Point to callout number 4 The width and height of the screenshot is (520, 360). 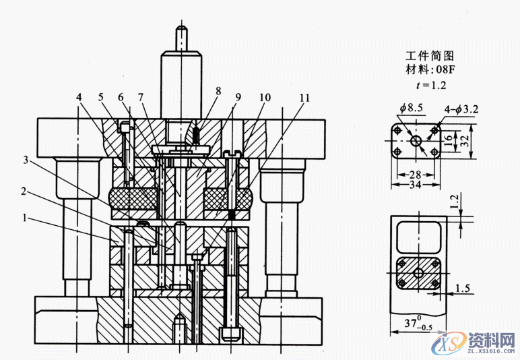click(79, 97)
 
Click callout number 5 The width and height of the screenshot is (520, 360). click(102, 97)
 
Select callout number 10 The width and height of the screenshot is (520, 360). click(265, 97)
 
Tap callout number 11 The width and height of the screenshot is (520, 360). click(305, 97)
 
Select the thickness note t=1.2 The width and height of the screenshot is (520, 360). click(427, 85)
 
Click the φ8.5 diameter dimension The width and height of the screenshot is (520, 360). click(410, 108)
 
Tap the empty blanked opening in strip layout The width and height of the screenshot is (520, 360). click(418, 237)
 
